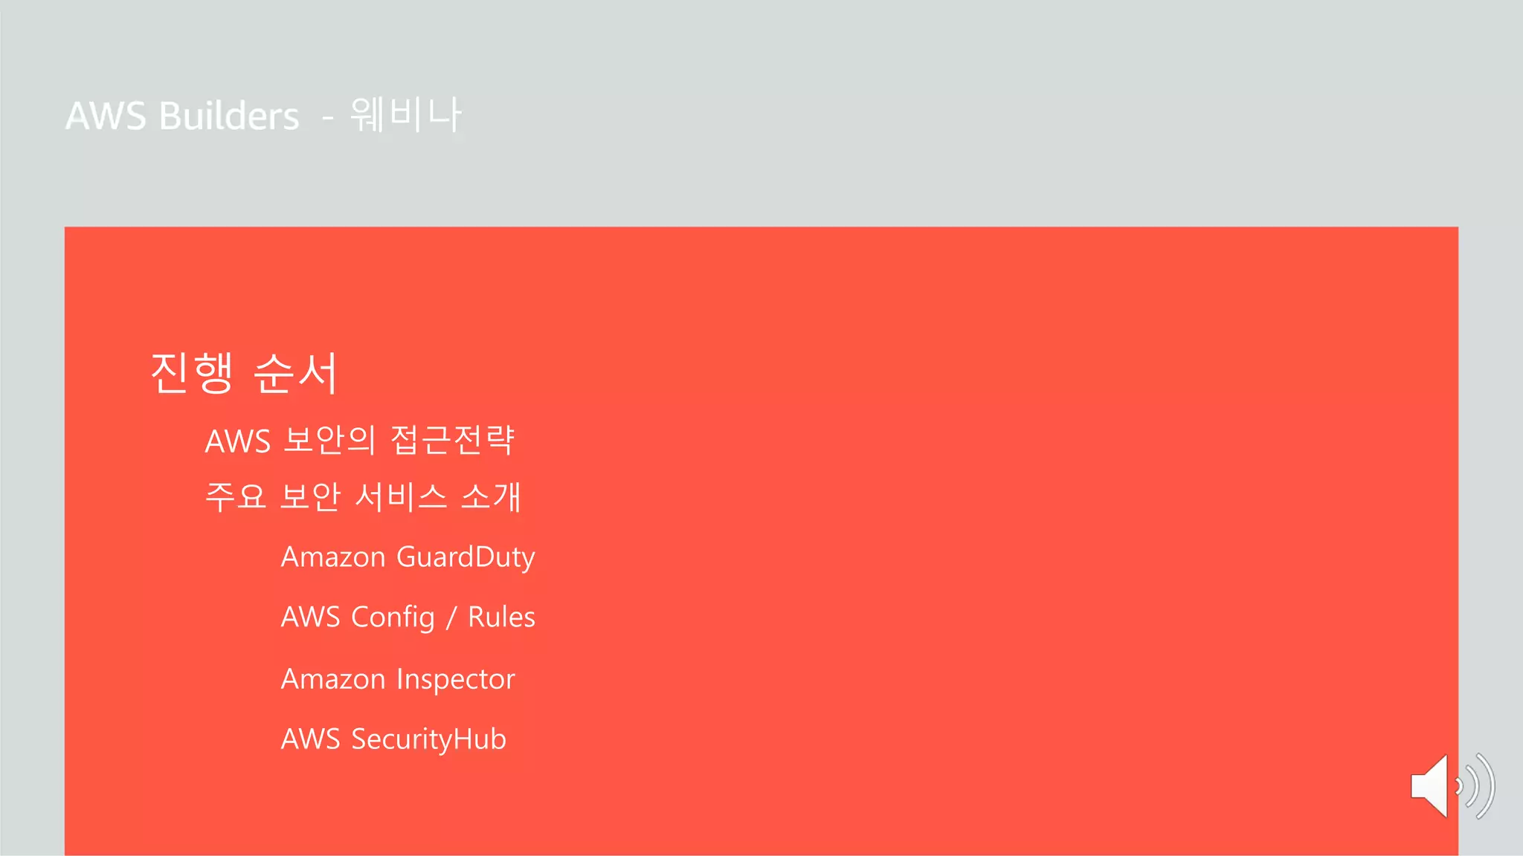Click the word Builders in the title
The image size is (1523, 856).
[229, 117]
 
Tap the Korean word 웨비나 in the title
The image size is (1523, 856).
[405, 115]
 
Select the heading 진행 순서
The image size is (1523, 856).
[244, 372]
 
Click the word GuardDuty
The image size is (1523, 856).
[466, 557]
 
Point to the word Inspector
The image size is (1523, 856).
[455, 679]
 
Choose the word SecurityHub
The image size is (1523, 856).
[428, 739]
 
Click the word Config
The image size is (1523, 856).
[393, 617]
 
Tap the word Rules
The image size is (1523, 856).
[501, 617]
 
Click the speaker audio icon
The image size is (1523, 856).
[1450, 786]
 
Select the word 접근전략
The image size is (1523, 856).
[452, 440]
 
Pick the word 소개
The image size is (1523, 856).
[491, 496]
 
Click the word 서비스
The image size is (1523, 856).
[401, 496]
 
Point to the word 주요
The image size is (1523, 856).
[235, 496]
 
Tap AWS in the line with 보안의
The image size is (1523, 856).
[237, 441]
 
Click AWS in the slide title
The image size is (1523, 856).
[106, 117]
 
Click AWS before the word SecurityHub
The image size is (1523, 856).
[310, 739]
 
